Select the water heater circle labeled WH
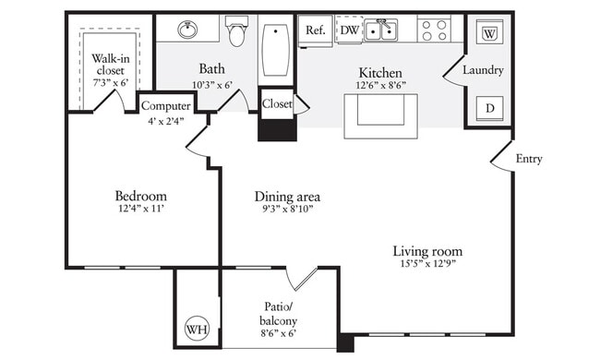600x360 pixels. click(197, 328)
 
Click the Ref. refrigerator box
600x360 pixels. click(316, 30)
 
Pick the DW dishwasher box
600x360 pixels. click(349, 30)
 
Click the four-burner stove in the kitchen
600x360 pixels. click(433, 30)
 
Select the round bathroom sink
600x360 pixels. click(188, 29)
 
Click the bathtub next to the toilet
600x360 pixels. click(275, 48)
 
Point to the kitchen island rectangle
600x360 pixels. click(380, 115)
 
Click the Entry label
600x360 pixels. click(529, 159)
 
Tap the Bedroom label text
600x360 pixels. click(140, 196)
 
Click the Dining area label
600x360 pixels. click(287, 196)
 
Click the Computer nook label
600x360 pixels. click(165, 105)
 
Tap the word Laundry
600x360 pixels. click(482, 70)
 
